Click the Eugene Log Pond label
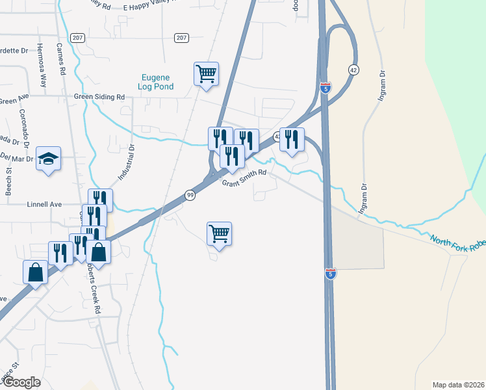[157, 81]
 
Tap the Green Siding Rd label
[99, 97]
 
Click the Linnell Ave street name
[44, 204]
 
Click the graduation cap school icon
[49, 159]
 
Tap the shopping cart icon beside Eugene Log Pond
[206, 74]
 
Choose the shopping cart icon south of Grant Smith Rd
[219, 234]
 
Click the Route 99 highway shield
[190, 195]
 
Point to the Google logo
[21, 382]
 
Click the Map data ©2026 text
[457, 385]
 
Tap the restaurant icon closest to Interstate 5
[292, 139]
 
